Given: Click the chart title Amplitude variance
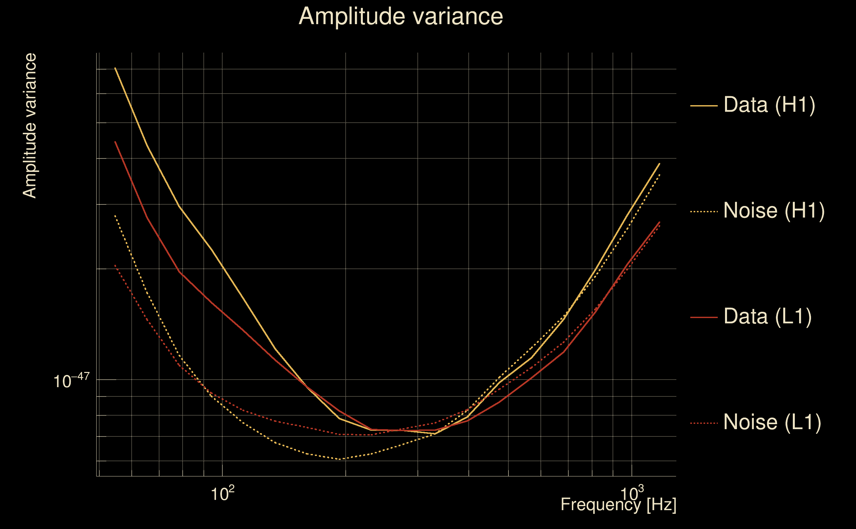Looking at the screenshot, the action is pos(401,17).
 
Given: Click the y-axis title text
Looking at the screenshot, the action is pos(29,126).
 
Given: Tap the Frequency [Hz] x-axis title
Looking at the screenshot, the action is pos(619,505).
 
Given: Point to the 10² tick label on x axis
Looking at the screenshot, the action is pos(223,493).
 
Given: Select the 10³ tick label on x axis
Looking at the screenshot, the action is pos(632,493).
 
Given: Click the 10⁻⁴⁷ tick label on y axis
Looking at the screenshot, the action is pos(71,380).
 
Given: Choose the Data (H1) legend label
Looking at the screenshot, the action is pos(770,104).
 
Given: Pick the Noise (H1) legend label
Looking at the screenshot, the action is pos(774,211).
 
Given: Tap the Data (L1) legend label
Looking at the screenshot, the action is pos(768,317).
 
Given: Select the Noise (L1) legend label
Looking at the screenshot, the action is pos(772,422).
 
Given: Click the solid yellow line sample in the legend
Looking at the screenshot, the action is pos(704,105).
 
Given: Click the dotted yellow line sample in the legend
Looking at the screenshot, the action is pos(704,211).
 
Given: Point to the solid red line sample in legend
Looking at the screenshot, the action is pos(704,317).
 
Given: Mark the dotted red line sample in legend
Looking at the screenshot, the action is pos(704,423).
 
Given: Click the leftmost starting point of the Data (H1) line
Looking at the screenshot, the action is pos(115,68).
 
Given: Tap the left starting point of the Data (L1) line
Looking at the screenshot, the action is pos(115,142).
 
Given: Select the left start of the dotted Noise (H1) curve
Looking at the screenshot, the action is pos(115,216).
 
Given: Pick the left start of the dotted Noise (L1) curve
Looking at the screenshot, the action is pos(115,265).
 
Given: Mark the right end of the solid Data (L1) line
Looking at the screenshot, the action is pos(660,222).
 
